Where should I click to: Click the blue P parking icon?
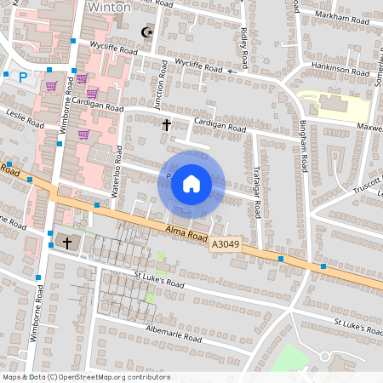click(x=23, y=77)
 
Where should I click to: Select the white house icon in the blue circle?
click(x=191, y=184)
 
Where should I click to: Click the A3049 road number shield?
click(x=225, y=244)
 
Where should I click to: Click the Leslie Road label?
click(x=25, y=117)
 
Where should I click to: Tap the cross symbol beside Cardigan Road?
click(x=167, y=125)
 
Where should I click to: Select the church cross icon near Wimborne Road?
click(x=67, y=243)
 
